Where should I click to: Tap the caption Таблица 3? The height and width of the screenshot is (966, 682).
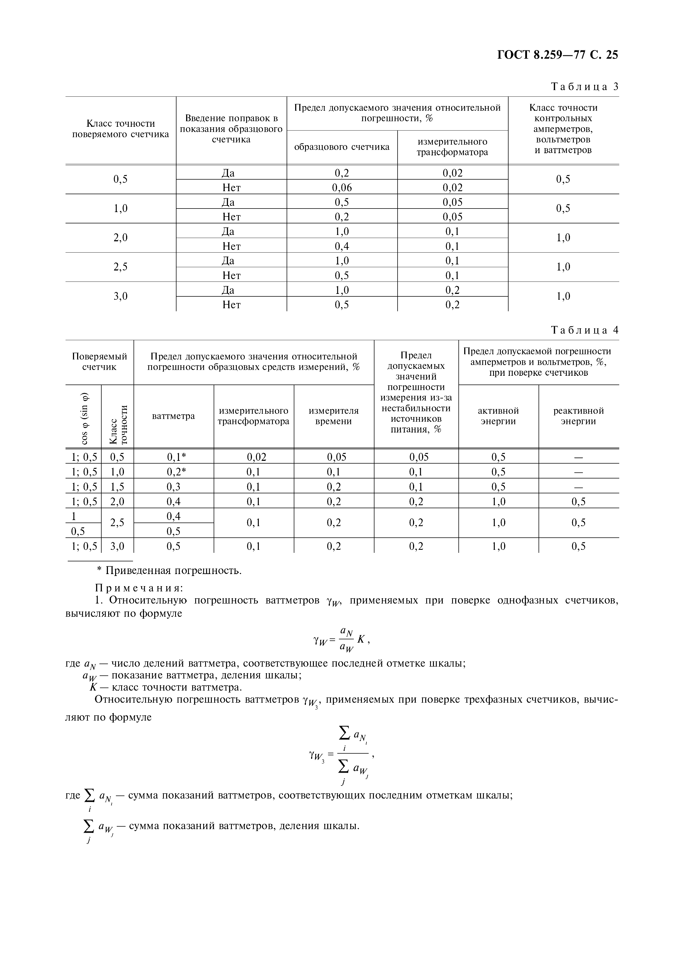[x=585, y=87]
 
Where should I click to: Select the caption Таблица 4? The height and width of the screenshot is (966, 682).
[x=585, y=330]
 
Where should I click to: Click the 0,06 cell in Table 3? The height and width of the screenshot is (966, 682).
[x=342, y=188]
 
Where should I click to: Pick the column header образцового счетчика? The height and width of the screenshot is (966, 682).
[x=342, y=147]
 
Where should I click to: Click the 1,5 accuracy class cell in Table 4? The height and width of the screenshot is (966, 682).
[x=117, y=487]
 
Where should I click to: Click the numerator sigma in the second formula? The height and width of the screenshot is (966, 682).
[x=344, y=734]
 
